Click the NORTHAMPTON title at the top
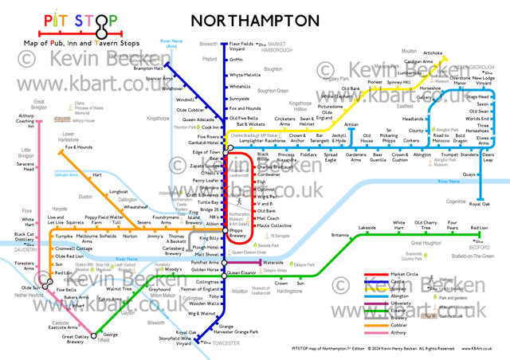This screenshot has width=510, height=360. (253, 18)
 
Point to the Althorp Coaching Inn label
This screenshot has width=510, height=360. (26, 119)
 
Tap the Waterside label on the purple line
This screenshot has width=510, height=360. (273, 262)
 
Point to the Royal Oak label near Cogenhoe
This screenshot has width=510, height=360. (479, 204)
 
